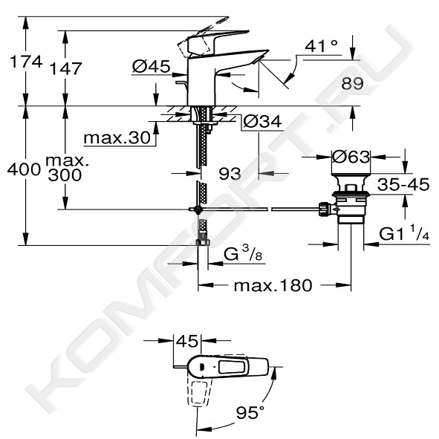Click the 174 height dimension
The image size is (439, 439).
pyautogui.click(x=26, y=62)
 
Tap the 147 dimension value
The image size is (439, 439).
pyautogui.click(x=65, y=68)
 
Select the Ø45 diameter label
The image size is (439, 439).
pyautogui.click(x=151, y=66)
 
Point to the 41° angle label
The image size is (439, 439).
pyautogui.click(x=321, y=46)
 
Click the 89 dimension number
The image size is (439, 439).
pyautogui.click(x=352, y=83)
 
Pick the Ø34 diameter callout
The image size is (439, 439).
pyautogui.click(x=262, y=122)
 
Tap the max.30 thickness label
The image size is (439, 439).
pyautogui.click(x=117, y=137)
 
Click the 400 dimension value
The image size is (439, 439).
pyautogui.click(x=24, y=169)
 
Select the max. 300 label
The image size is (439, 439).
pyautogui.click(x=67, y=168)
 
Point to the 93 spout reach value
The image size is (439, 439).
pyautogui.click(x=230, y=174)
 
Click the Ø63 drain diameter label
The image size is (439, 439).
pyautogui.click(x=351, y=157)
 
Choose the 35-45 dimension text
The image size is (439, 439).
pyautogui.click(x=403, y=184)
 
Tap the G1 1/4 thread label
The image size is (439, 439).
pyautogui.click(x=404, y=232)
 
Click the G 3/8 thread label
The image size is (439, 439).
pyautogui.click(x=243, y=254)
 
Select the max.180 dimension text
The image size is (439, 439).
pyautogui.click(x=273, y=285)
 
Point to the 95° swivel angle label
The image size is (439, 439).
pyautogui.click(x=250, y=412)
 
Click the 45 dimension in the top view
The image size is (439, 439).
pyautogui.click(x=186, y=341)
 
